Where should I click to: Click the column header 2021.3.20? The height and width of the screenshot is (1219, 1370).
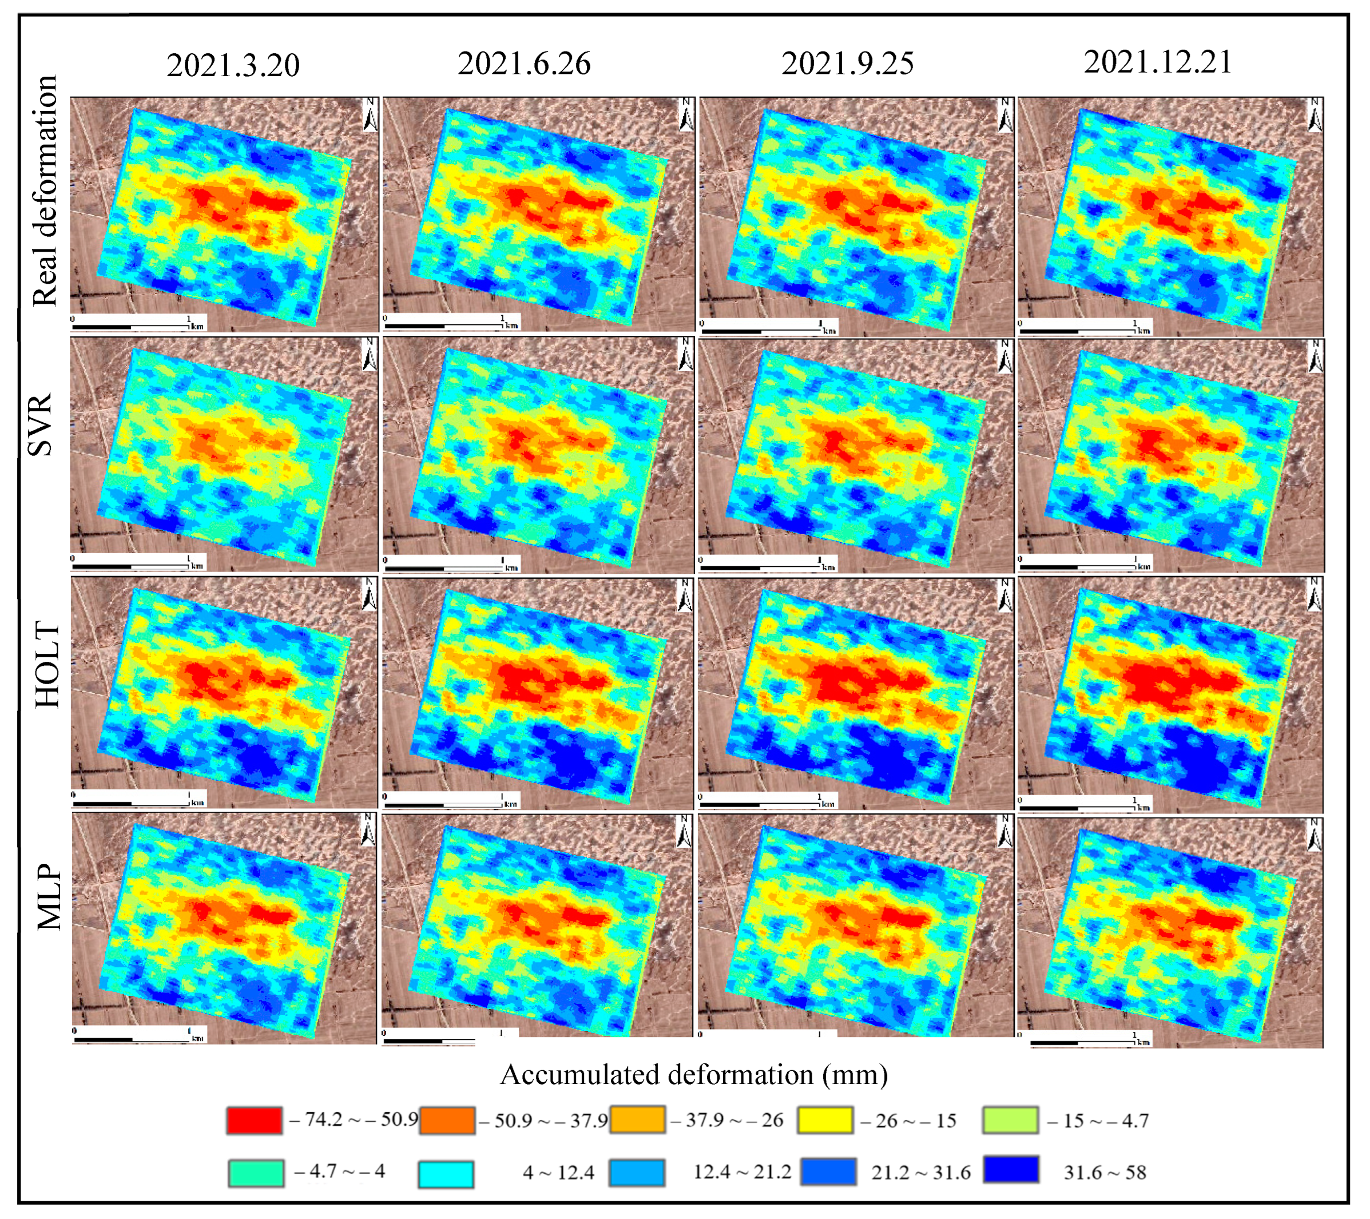click(x=233, y=65)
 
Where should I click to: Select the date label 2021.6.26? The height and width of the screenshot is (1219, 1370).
click(x=524, y=63)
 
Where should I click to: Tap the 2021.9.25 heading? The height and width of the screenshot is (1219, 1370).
click(x=847, y=63)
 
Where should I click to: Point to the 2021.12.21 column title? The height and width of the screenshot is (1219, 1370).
click(x=1158, y=62)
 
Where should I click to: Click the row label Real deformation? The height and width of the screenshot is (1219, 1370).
click(x=46, y=191)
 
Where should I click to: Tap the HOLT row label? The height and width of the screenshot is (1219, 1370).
click(x=47, y=664)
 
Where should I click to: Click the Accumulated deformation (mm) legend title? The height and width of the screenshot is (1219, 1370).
click(x=694, y=1074)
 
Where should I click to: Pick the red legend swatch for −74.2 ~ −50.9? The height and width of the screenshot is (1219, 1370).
click(x=254, y=1120)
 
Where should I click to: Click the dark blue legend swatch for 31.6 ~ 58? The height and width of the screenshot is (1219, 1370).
click(x=1011, y=1169)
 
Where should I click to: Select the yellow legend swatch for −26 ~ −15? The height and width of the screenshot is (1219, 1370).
click(x=825, y=1120)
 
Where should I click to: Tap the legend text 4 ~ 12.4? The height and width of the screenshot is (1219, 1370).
click(x=558, y=1172)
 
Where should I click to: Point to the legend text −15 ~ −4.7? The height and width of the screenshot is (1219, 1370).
click(x=1098, y=1121)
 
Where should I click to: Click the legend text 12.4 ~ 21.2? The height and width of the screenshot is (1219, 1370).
click(x=742, y=1172)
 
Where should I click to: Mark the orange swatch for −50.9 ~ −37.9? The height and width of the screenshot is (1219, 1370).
click(x=447, y=1120)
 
